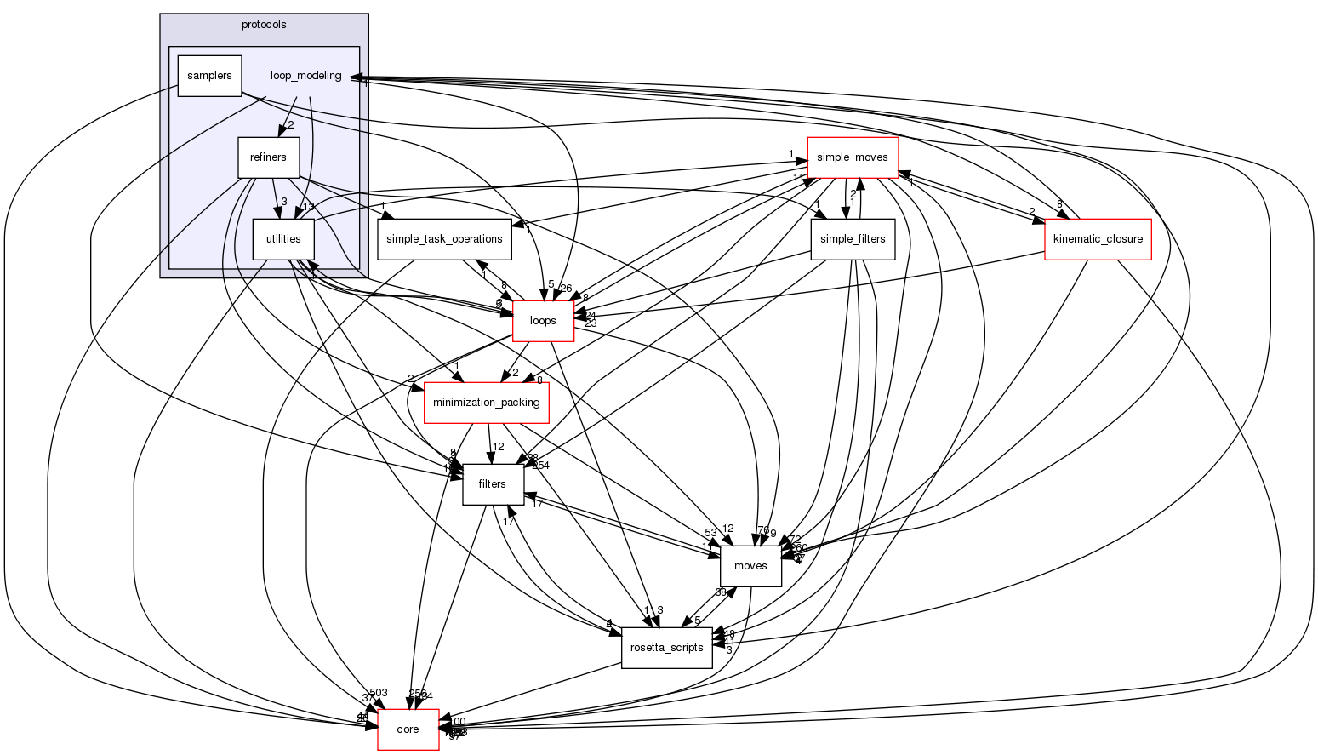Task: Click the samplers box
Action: click(x=209, y=76)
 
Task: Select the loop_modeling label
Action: click(x=305, y=76)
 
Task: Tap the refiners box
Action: click(x=268, y=157)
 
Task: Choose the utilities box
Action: click(x=283, y=239)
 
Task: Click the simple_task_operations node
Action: click(x=445, y=239)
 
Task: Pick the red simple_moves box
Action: click(x=853, y=157)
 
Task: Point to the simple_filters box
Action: click(x=853, y=239)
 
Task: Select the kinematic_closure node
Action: click(x=1098, y=239)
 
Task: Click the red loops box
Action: click(x=543, y=321)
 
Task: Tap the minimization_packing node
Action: click(x=487, y=403)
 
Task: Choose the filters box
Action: click(x=492, y=484)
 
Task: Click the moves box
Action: click(x=750, y=566)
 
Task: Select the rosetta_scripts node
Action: click(x=666, y=648)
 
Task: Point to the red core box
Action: click(x=408, y=729)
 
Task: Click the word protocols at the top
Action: click(x=264, y=25)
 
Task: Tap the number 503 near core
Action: click(x=379, y=693)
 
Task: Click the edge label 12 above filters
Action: click(x=499, y=447)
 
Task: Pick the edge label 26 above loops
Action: click(x=566, y=289)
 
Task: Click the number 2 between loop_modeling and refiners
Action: click(x=290, y=125)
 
